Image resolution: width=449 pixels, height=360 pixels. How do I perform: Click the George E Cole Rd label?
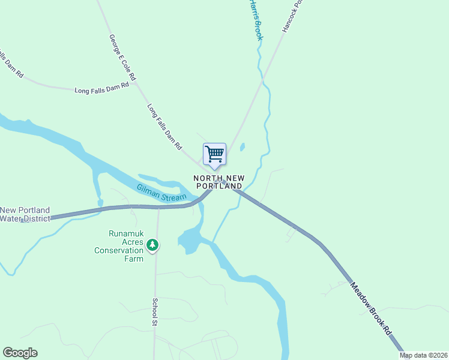pos(122,58)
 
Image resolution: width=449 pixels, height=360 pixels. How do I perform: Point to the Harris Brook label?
pos(256,18)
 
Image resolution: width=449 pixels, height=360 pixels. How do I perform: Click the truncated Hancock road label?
pos(294,17)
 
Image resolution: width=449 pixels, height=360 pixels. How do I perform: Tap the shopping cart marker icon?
pos(214,154)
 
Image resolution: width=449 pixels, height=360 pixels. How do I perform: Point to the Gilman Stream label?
pos(161,193)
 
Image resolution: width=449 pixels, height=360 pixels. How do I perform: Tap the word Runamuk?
pos(126,234)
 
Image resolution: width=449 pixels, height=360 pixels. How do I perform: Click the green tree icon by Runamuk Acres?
pos(153,245)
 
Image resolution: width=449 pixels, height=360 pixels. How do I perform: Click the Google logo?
pos(20,353)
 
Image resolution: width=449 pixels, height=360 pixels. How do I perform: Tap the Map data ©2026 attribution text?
pos(424,355)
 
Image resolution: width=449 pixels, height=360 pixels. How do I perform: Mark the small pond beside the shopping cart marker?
pos(243,147)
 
